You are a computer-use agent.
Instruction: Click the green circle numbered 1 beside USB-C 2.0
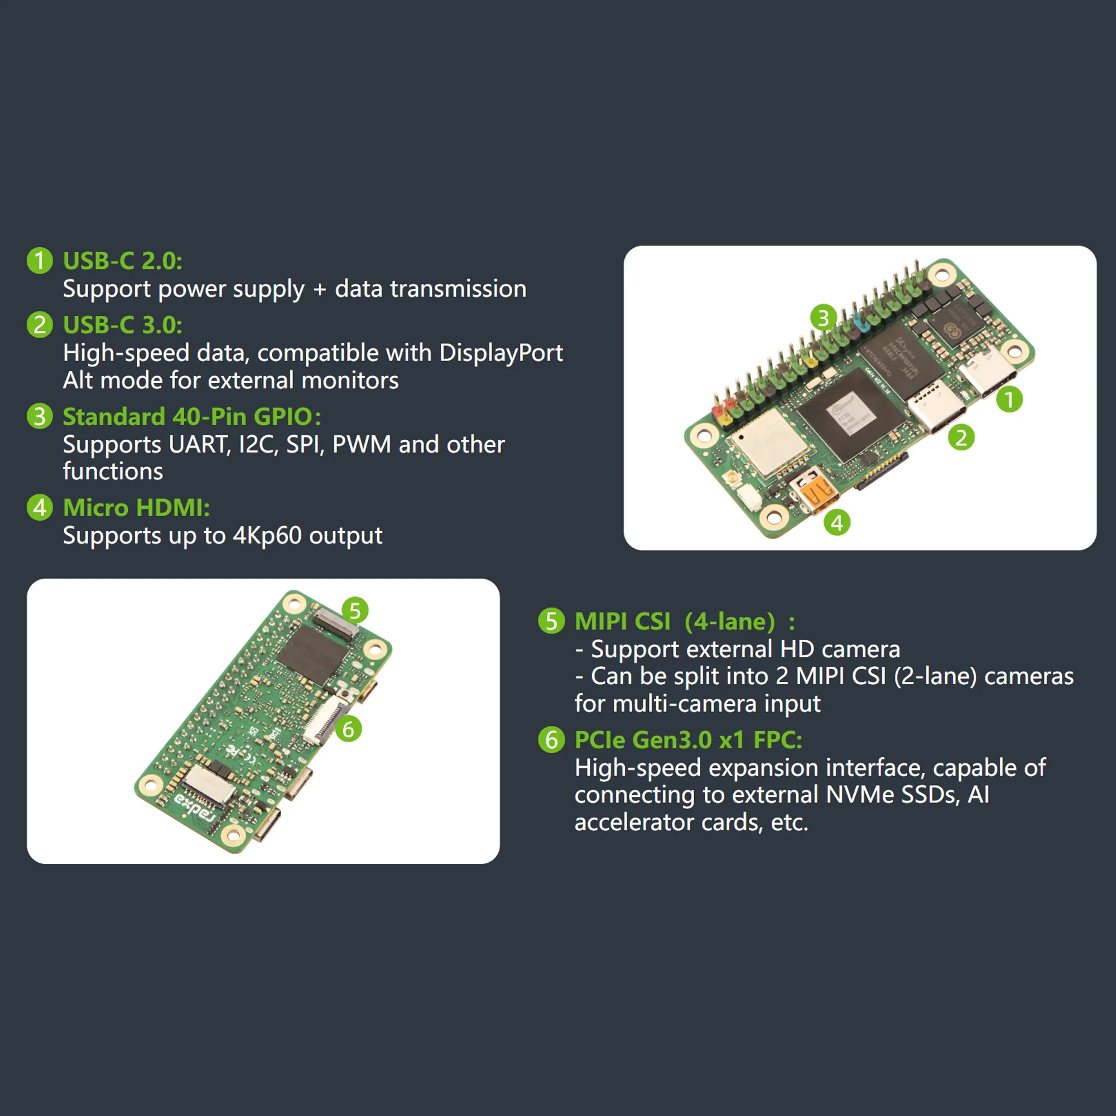40,261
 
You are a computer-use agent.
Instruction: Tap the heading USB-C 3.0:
122,325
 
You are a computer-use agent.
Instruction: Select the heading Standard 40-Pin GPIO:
191,416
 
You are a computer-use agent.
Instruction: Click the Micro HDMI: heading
136,508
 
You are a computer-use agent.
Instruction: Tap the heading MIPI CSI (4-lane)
675,622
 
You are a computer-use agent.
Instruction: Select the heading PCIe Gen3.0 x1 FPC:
688,740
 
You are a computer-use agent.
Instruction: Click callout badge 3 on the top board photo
823,317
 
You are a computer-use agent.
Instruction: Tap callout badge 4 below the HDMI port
837,523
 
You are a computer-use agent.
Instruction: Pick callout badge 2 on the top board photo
961,437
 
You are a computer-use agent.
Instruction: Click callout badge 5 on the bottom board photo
355,610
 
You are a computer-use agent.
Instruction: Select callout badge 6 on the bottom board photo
348,729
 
